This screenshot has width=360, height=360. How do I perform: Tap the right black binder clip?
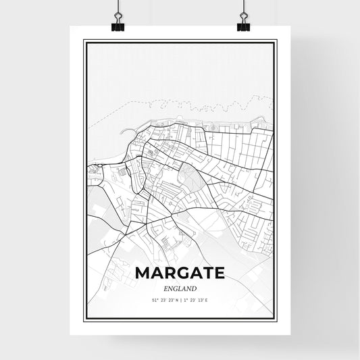click(x=243, y=26)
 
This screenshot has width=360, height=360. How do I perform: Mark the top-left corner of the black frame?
click(x=84, y=41)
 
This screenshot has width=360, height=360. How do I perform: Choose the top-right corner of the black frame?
click(x=277, y=41)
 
